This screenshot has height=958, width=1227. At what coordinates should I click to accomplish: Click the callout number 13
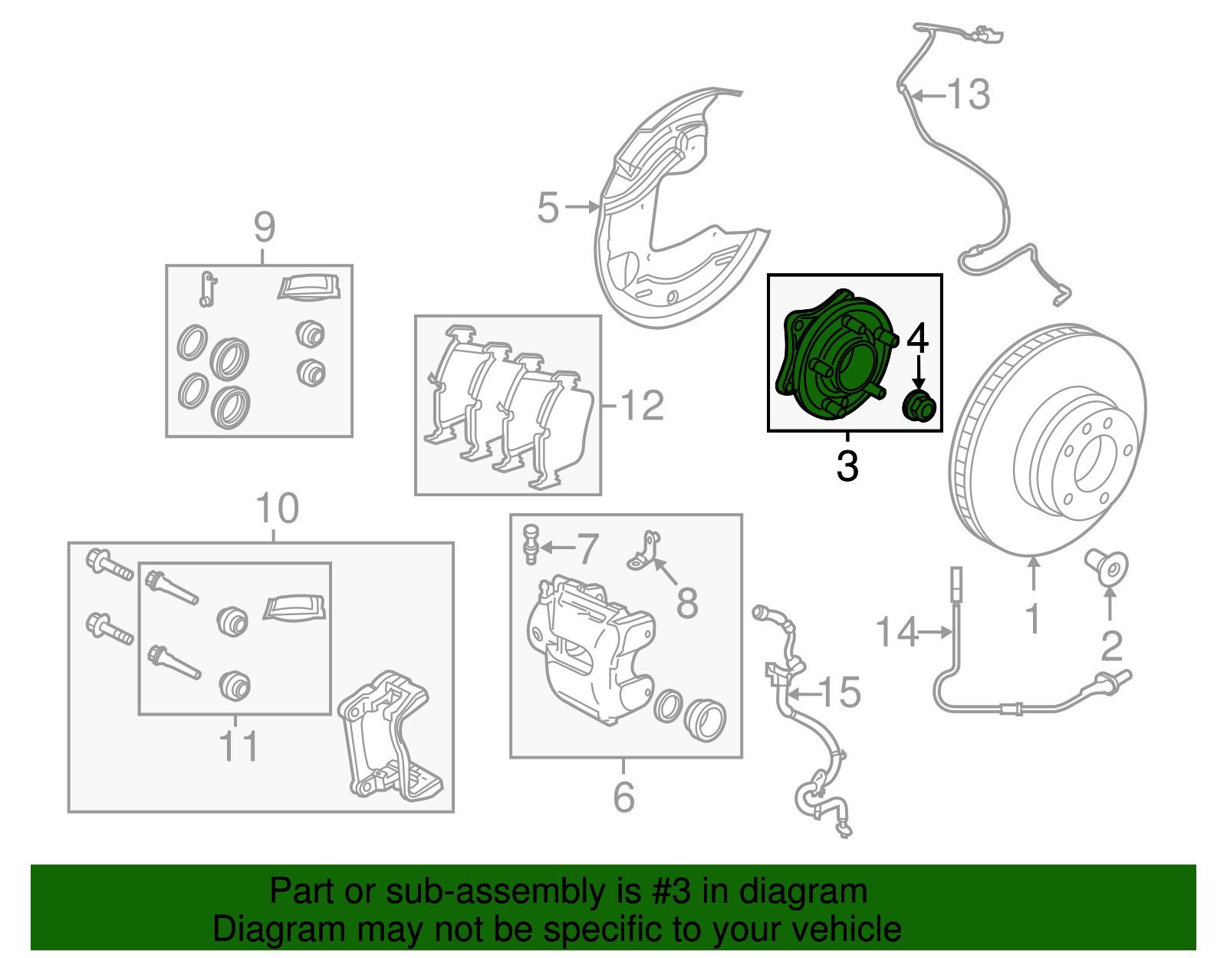[969, 95]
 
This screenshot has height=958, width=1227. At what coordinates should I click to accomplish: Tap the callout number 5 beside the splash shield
[548, 208]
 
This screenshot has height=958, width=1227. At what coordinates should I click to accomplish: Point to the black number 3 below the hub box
[847, 466]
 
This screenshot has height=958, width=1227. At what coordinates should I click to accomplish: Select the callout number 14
[896, 632]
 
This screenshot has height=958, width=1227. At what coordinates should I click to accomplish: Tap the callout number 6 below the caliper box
[623, 797]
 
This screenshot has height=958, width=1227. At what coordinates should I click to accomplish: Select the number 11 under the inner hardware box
[238, 746]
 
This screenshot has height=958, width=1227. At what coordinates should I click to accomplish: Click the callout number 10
[277, 509]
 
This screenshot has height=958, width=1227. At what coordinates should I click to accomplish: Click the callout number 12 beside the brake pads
[642, 405]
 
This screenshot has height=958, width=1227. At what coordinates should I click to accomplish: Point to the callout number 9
[264, 227]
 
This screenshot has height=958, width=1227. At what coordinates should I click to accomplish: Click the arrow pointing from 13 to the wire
[926, 96]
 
